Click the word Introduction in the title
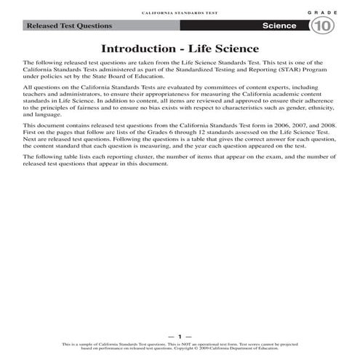click(135, 49)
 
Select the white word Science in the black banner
click(280, 26)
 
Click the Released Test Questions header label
click(69, 26)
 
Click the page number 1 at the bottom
click(179, 337)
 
